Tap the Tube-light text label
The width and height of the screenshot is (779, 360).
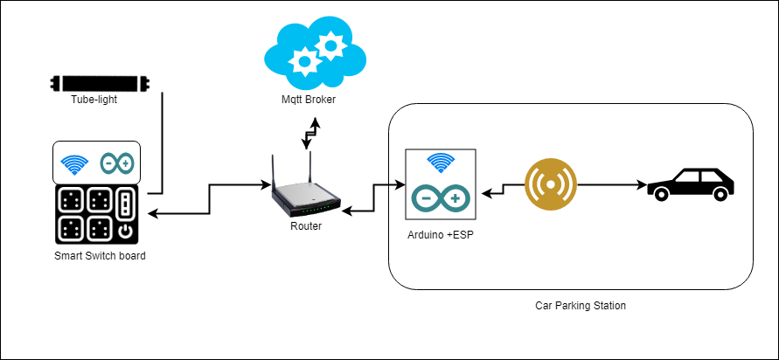point(94,100)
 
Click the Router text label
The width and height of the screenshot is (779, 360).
point(306,226)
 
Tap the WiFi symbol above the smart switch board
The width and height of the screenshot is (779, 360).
point(73,163)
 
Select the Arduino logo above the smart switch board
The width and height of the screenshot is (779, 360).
point(117,163)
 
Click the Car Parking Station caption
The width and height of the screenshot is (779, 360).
point(581,306)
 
